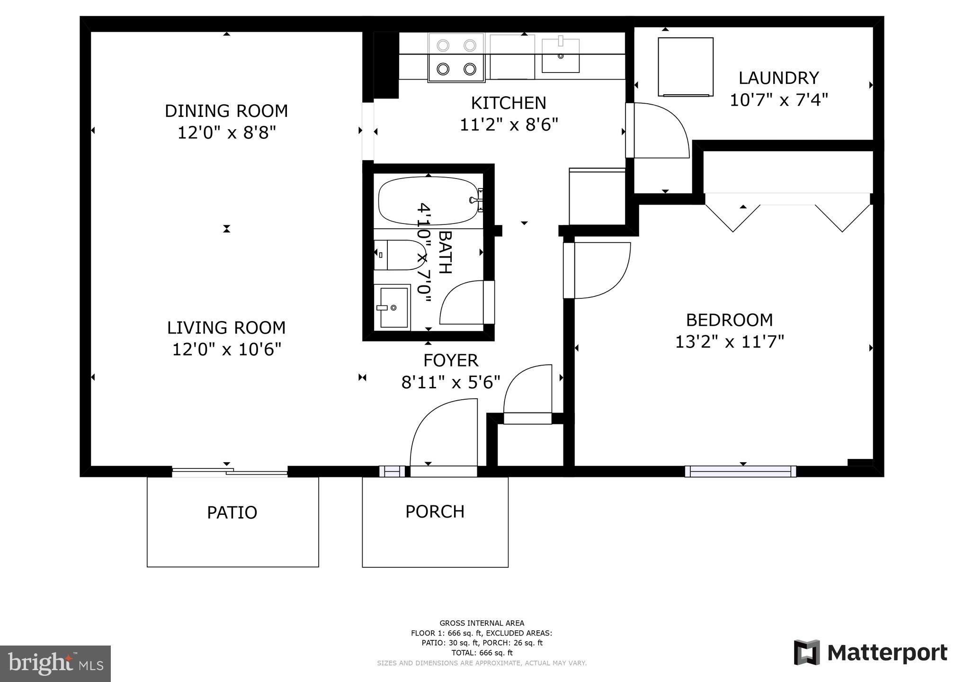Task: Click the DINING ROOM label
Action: (226, 111)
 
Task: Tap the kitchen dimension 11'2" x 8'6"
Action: (509, 125)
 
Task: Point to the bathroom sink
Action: (393, 307)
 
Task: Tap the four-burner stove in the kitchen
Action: (456, 57)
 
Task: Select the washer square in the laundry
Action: (685, 66)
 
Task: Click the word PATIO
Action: (232, 512)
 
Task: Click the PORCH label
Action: (435, 511)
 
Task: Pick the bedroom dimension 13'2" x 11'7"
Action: (729, 342)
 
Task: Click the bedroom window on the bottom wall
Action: (740, 471)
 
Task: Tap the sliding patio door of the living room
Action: (230, 471)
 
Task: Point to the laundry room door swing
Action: (661, 130)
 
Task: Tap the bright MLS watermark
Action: (55, 663)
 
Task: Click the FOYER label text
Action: (450, 360)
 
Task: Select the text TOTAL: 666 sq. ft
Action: (482, 653)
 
